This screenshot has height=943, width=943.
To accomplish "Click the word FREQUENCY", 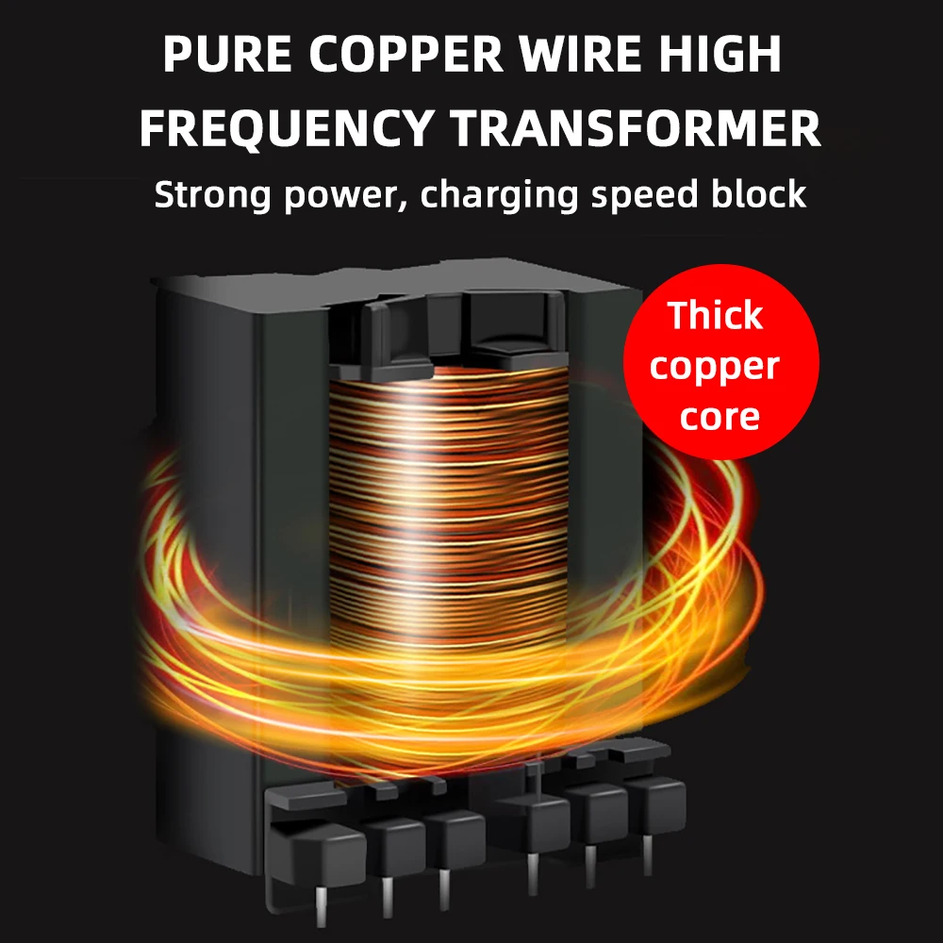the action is point(287,129).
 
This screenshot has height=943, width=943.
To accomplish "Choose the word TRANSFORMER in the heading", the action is point(634,129).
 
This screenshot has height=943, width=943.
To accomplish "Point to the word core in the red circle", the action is point(720,416).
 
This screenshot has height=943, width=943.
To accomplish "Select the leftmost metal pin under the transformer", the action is point(321,901).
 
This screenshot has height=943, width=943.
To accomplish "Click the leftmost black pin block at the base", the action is point(316,844).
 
